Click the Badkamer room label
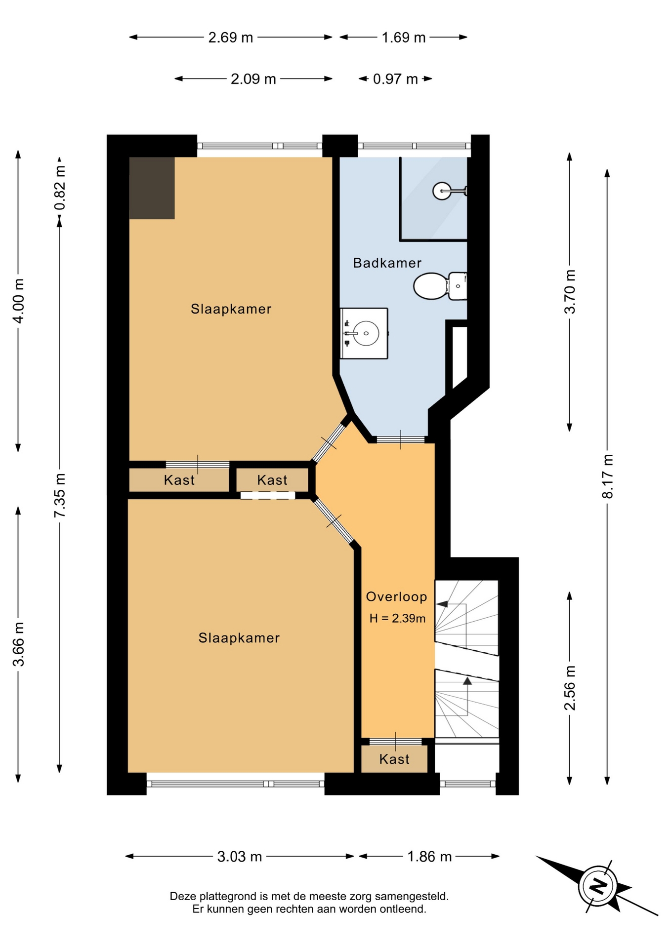pos(387,263)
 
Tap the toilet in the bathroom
pos(440,286)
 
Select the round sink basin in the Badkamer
pos(366,333)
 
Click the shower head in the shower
pos(442,191)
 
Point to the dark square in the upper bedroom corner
pos(152,188)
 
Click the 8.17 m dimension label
pos(607,476)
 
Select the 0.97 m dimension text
pos(395,79)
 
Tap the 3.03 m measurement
pos(240,856)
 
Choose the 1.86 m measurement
pos(429,856)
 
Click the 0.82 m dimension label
pos(60,188)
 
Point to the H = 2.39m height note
pos(397,618)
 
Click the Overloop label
pos(396,596)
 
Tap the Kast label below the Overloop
pos(394,759)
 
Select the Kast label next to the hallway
pos(272,480)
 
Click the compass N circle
pos(598,886)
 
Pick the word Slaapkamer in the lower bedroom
pos(239,638)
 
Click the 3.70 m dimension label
pos(570,292)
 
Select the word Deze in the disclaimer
pos(183,896)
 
